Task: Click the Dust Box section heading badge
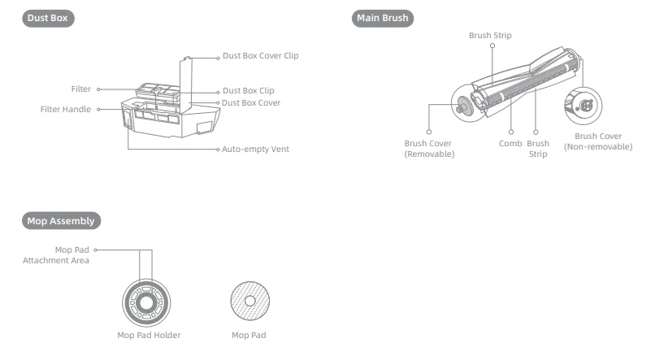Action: [48, 19]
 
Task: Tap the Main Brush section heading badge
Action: [384, 19]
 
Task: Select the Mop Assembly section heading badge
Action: [61, 220]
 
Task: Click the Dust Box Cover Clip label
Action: [260, 56]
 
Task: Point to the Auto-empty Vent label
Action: [255, 150]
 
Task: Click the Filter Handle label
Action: [66, 109]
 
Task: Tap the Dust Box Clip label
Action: [248, 91]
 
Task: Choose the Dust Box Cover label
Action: [251, 103]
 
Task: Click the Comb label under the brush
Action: [510, 144]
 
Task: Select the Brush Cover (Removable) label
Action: [429, 149]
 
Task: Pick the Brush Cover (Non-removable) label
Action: [598, 141]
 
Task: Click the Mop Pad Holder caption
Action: [149, 335]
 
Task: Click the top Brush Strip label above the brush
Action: [490, 36]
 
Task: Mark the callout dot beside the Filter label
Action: [98, 89]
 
